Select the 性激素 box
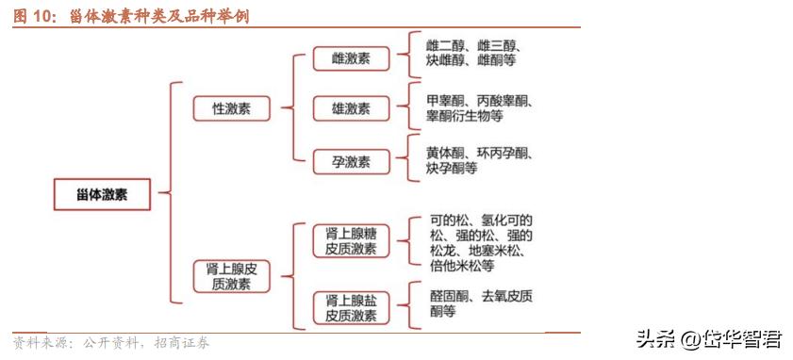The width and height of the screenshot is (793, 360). click(230, 108)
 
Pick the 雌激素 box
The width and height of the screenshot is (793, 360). click(351, 57)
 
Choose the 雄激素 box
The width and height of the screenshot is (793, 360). click(351, 108)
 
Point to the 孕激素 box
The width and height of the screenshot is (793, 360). click(351, 161)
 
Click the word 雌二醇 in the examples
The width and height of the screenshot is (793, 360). click(446, 45)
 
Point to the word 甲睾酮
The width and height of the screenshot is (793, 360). click(446, 100)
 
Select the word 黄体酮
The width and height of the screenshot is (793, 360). click(446, 153)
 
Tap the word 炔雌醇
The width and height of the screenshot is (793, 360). click(446, 61)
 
